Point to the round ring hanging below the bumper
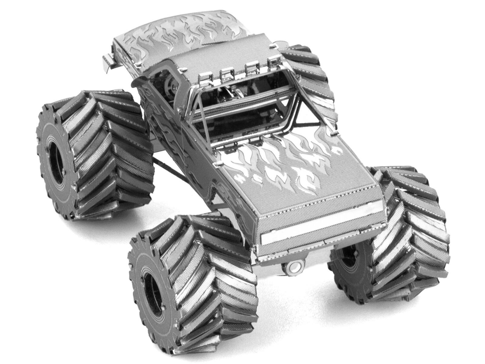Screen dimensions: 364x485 (x=292, y=267)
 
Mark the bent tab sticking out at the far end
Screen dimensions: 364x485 (x=109, y=62)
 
